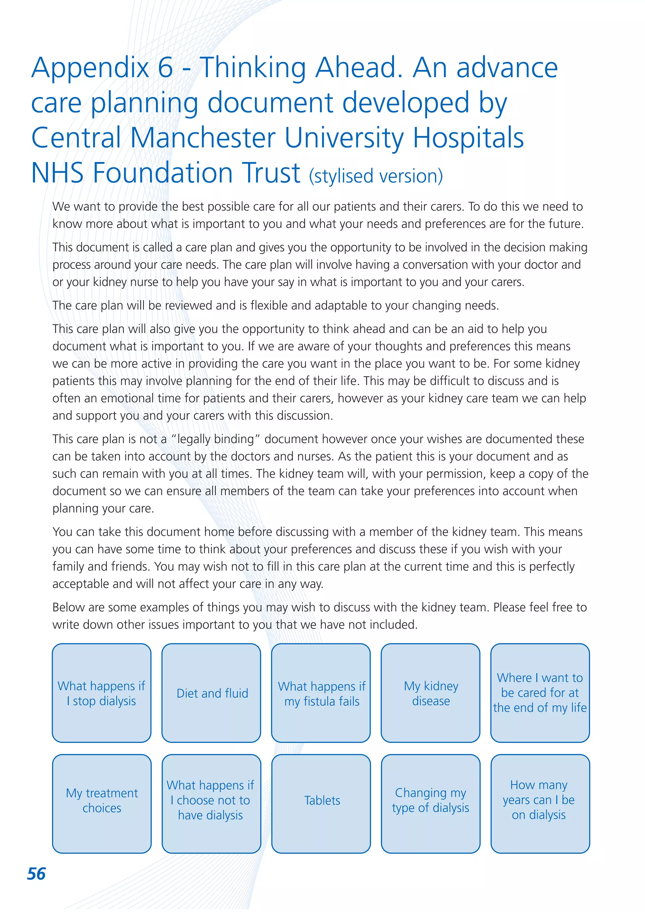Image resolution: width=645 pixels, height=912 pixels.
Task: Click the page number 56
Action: point(36,874)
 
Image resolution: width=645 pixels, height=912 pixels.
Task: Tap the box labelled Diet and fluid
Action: point(211,693)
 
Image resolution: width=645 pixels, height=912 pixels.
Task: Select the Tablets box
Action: point(321,804)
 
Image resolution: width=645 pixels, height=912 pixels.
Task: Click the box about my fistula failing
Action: point(321,693)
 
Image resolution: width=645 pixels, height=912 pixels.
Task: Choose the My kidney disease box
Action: point(431,693)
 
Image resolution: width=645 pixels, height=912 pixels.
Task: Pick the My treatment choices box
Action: point(102,804)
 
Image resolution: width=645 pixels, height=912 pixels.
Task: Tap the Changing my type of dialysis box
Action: point(431,804)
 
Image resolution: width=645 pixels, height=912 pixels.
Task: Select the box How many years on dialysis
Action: point(540,804)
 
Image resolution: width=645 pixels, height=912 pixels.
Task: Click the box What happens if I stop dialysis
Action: point(102,693)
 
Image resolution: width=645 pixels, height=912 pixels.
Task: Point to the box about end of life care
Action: point(540,693)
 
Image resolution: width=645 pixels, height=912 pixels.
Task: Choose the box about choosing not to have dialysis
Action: point(211,804)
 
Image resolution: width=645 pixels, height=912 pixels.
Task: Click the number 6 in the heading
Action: point(165,67)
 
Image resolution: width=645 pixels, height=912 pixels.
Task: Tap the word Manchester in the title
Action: point(203,138)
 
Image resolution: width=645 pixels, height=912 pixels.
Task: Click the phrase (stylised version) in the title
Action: point(376,176)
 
